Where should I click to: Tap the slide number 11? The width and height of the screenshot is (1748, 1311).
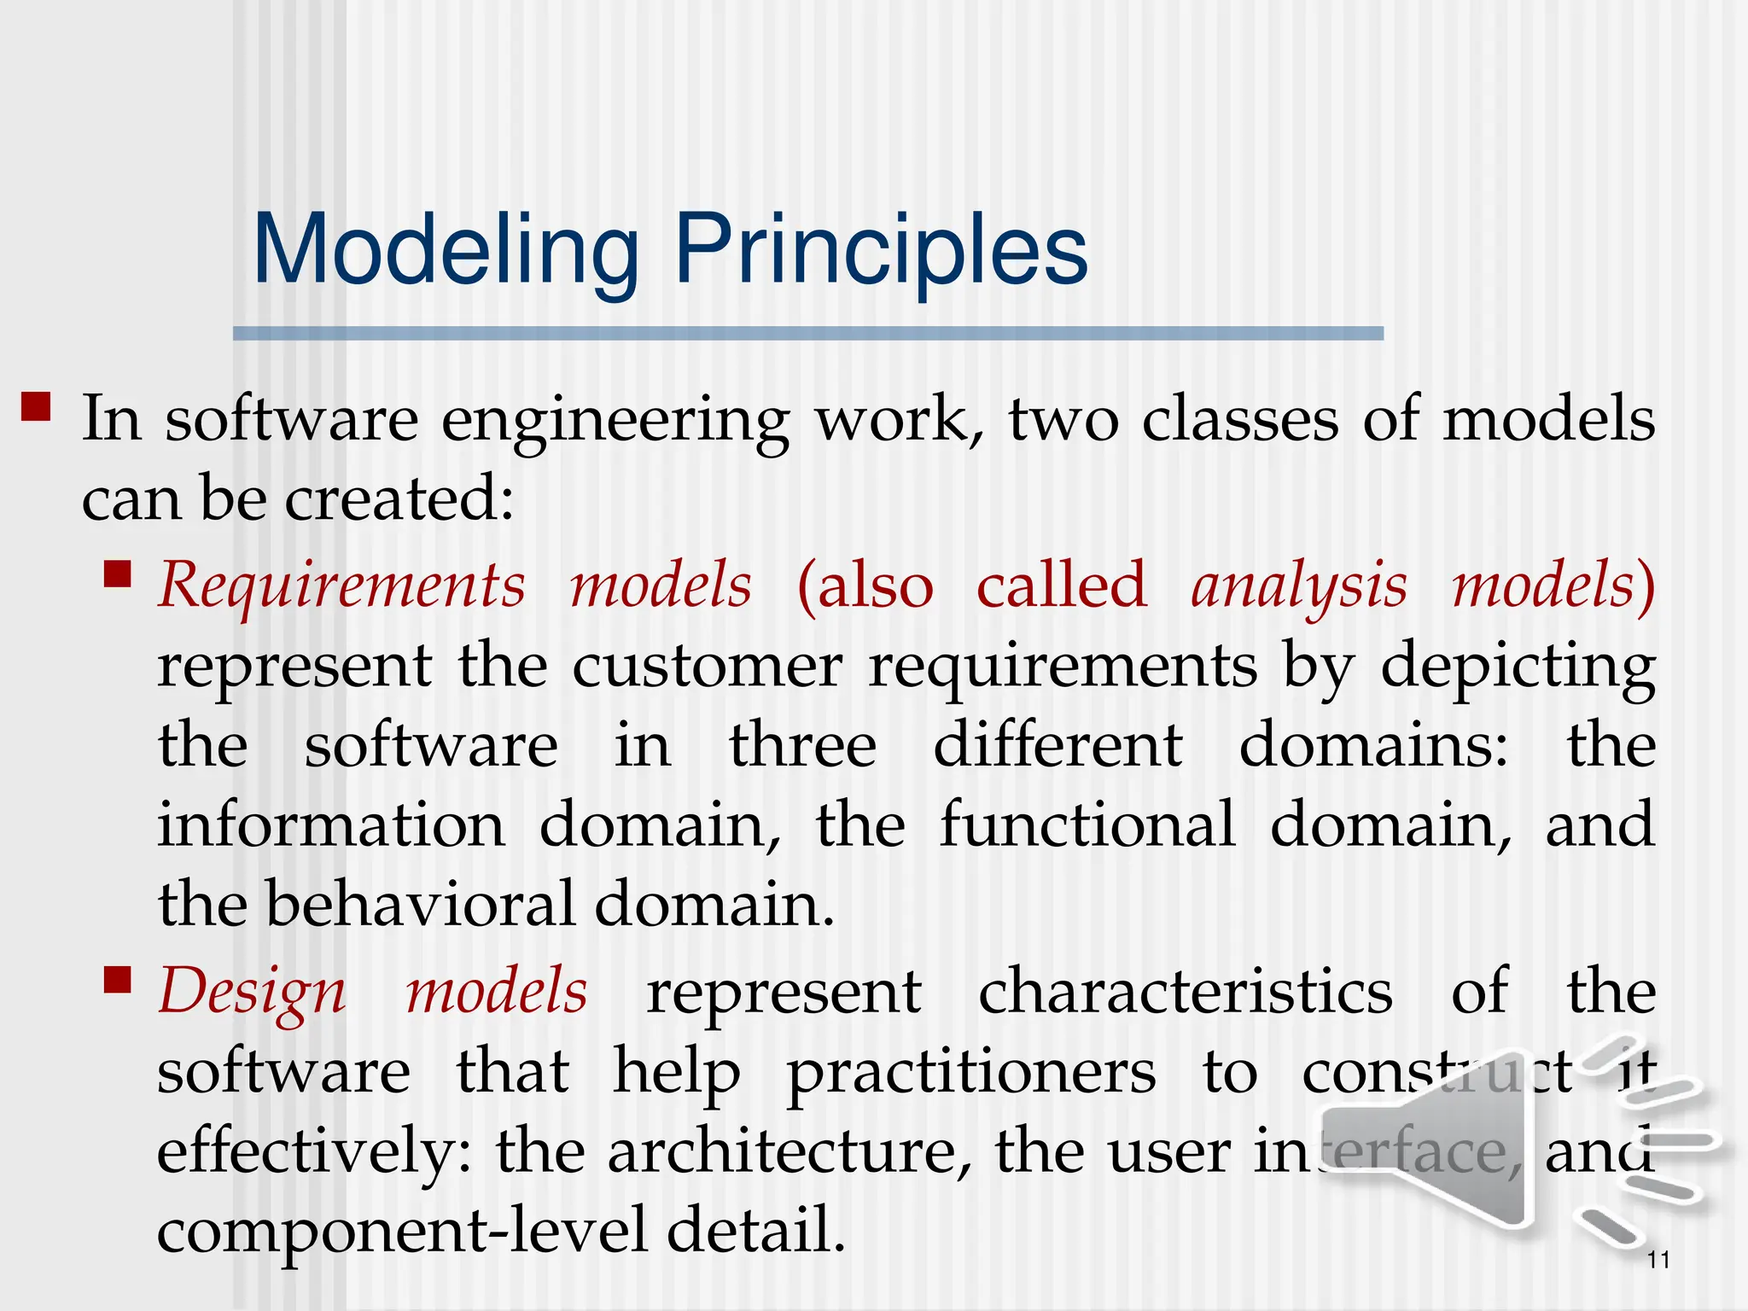click(x=1658, y=1260)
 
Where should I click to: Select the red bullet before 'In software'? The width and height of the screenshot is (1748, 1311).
click(x=36, y=406)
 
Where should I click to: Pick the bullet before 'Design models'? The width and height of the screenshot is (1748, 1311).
click(x=117, y=981)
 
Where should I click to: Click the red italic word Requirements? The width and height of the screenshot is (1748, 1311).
click(x=341, y=587)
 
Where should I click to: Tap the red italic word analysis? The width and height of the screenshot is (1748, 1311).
click(x=1298, y=587)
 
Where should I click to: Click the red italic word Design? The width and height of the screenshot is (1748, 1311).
click(x=252, y=993)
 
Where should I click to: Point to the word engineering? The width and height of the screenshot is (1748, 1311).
click(x=615, y=421)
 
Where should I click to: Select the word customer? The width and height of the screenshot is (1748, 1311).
click(x=707, y=667)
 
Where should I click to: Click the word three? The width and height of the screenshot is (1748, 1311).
click(x=802, y=746)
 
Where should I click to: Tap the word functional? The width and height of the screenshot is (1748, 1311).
click(x=1087, y=825)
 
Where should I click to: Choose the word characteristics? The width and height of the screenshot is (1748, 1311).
click(x=1185, y=993)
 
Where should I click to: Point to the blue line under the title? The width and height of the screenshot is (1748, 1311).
click(x=807, y=334)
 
